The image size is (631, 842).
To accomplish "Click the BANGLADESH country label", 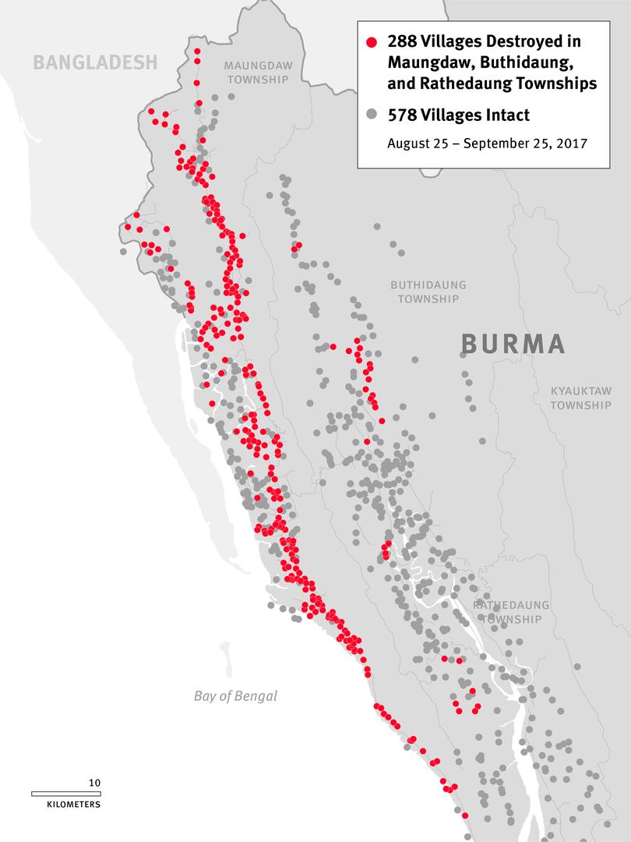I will (x=95, y=62).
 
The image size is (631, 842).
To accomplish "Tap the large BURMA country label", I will (x=513, y=344).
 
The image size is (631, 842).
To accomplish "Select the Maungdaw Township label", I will (x=259, y=73).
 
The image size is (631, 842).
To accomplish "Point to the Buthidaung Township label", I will (x=428, y=292).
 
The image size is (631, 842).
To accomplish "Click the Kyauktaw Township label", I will (x=581, y=398).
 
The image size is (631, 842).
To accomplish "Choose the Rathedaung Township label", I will (x=510, y=612).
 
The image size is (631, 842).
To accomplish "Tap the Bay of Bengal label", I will (x=235, y=696).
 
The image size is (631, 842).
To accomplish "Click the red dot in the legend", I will (x=372, y=42).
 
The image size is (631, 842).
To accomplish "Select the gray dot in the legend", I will (x=372, y=115).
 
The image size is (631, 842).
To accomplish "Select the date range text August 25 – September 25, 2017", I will (x=487, y=143).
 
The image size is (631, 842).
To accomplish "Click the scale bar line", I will (x=66, y=794).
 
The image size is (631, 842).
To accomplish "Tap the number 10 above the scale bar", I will (x=94, y=783).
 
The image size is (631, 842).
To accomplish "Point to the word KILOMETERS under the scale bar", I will (x=66, y=804).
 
